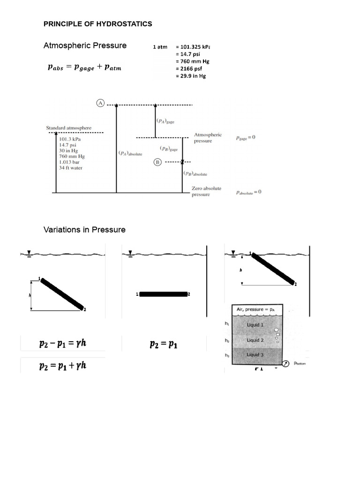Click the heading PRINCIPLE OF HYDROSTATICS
[97, 24]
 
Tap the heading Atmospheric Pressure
[85, 45]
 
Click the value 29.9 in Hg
[191, 75]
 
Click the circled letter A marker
[100, 104]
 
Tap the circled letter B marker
[157, 162]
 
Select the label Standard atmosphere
[68, 127]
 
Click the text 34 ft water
[71, 167]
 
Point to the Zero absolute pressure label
[207, 191]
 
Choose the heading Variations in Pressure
[84, 230]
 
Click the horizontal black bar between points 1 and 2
[164, 294]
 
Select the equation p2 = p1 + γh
[62, 365]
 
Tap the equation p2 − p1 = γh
[62, 344]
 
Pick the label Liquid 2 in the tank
[255, 340]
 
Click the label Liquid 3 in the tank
[255, 355]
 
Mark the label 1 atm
[160, 47]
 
